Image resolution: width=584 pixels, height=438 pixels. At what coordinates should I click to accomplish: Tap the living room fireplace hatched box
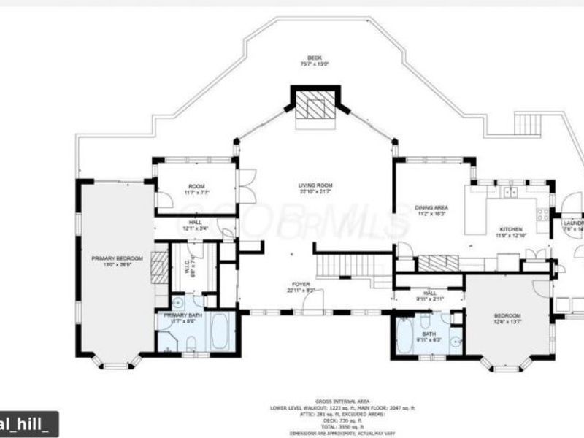(315, 109)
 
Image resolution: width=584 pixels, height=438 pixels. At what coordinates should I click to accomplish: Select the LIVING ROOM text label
(315, 186)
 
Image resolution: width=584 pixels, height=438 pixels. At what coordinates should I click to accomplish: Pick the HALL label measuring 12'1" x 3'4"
(196, 223)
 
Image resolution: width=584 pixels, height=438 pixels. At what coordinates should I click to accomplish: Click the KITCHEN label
(511, 228)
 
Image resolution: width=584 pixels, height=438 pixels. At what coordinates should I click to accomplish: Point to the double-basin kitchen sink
(510, 192)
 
